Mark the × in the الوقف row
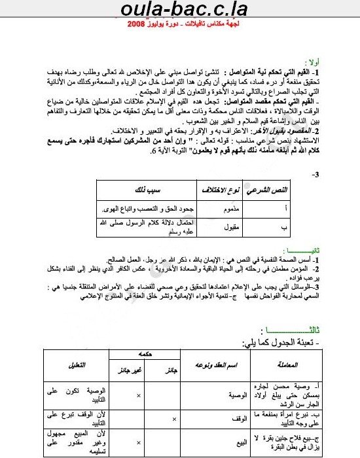click(173, 418)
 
